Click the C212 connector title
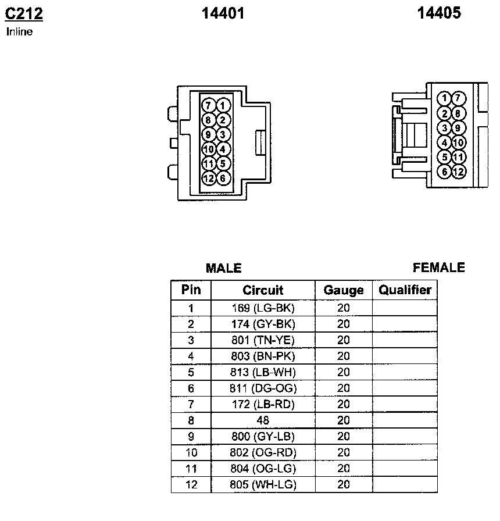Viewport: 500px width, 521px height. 24,13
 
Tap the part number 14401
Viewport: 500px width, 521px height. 223,13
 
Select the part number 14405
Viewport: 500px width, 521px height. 439,13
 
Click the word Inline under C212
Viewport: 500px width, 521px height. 19,31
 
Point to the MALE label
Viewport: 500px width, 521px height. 224,268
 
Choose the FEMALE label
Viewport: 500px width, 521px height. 439,267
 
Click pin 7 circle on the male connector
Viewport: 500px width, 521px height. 208,106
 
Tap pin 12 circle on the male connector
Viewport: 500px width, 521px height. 209,179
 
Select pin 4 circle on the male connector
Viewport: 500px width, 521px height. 223,149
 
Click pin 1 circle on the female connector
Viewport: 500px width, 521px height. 444,98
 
